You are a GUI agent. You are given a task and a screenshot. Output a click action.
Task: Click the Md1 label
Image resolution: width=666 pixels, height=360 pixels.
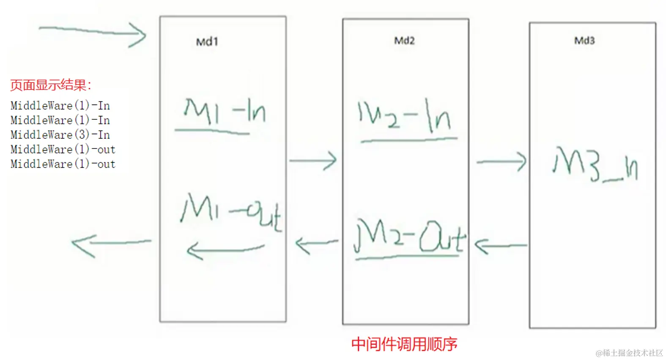(207, 42)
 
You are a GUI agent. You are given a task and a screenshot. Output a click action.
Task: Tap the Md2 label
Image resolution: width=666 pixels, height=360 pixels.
(404, 41)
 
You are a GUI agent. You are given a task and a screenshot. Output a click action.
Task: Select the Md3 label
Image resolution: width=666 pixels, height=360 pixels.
(584, 41)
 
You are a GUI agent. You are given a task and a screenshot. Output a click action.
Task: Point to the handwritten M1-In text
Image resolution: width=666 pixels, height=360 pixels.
(224, 112)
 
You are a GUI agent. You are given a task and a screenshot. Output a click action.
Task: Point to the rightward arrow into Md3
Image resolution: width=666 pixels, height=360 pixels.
(501, 161)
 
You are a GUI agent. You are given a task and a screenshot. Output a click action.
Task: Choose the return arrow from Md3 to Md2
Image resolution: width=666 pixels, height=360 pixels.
(501, 245)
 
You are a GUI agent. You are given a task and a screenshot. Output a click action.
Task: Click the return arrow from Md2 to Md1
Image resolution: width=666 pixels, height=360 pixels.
(316, 244)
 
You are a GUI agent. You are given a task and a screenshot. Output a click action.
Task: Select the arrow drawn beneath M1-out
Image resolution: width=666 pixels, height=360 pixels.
(225, 250)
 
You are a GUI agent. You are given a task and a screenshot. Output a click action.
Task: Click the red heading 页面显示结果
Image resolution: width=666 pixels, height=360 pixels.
(51, 85)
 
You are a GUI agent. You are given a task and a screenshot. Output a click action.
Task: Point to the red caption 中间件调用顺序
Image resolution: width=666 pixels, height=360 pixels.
(404, 344)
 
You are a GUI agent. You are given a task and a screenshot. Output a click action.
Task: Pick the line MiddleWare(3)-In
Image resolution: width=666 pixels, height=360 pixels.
(60, 135)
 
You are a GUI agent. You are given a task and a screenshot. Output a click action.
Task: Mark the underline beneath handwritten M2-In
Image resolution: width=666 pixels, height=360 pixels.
(408, 139)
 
